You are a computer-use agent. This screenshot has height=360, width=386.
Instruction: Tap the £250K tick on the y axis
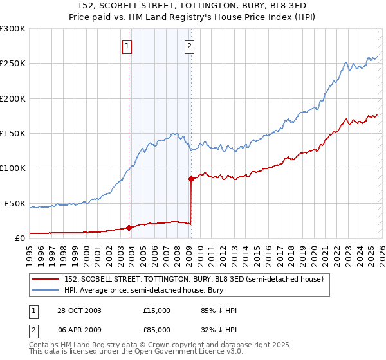(13, 64)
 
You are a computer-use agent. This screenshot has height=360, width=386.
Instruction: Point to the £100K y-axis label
(13, 168)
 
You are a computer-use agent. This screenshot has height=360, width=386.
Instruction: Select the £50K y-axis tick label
(15, 203)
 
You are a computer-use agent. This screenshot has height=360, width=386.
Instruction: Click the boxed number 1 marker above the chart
(127, 46)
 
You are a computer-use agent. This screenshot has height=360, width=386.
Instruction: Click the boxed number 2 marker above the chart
(190, 46)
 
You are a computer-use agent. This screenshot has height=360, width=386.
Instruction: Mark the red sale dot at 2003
(129, 227)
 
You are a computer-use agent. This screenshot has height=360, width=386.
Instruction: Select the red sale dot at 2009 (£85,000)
(191, 179)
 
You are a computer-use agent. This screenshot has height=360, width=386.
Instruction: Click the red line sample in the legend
(46, 279)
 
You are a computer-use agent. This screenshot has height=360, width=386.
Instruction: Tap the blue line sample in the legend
(46, 290)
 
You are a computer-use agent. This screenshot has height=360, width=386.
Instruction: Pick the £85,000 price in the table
(157, 329)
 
